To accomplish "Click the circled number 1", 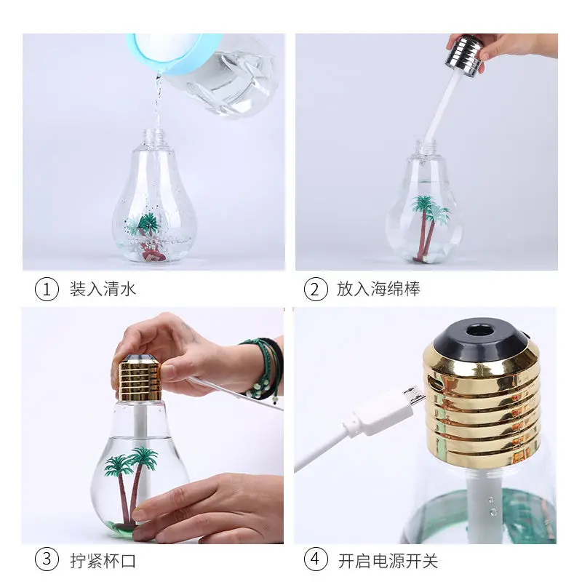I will pos(47,289).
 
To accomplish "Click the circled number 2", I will pos(314,289).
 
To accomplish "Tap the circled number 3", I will pos(47,560).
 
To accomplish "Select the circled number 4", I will pos(314,560).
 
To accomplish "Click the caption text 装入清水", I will pos(103,289).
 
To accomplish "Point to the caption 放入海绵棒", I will pos(378,289).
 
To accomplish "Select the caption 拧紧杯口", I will pos(103,560).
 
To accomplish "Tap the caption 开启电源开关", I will pos(387,560).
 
